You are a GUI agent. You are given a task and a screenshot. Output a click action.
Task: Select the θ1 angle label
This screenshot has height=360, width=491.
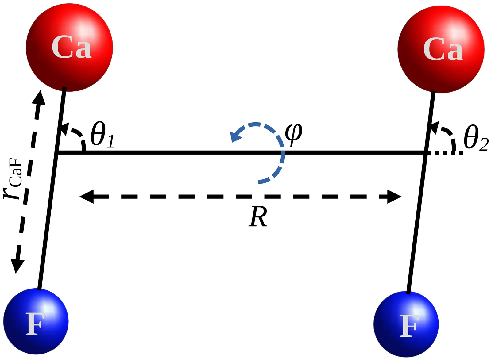point(102,135)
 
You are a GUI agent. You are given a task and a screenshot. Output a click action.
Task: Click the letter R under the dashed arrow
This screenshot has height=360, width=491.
point(258,217)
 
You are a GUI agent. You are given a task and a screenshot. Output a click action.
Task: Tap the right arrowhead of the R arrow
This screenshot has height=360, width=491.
point(394,197)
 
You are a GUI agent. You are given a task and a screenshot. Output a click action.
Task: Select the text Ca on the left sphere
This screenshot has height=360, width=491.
point(71,48)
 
